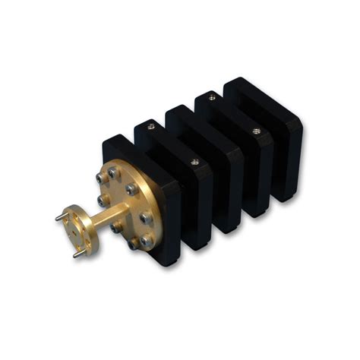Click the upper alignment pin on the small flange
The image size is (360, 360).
(60, 218)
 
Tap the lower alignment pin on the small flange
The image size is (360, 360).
(77, 254)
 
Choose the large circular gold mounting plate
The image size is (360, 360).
(126, 205)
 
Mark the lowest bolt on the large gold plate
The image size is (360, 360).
(134, 245)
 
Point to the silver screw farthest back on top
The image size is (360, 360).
(211, 97)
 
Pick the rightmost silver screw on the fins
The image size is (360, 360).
(256, 131)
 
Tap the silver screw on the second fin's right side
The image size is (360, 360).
(194, 161)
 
